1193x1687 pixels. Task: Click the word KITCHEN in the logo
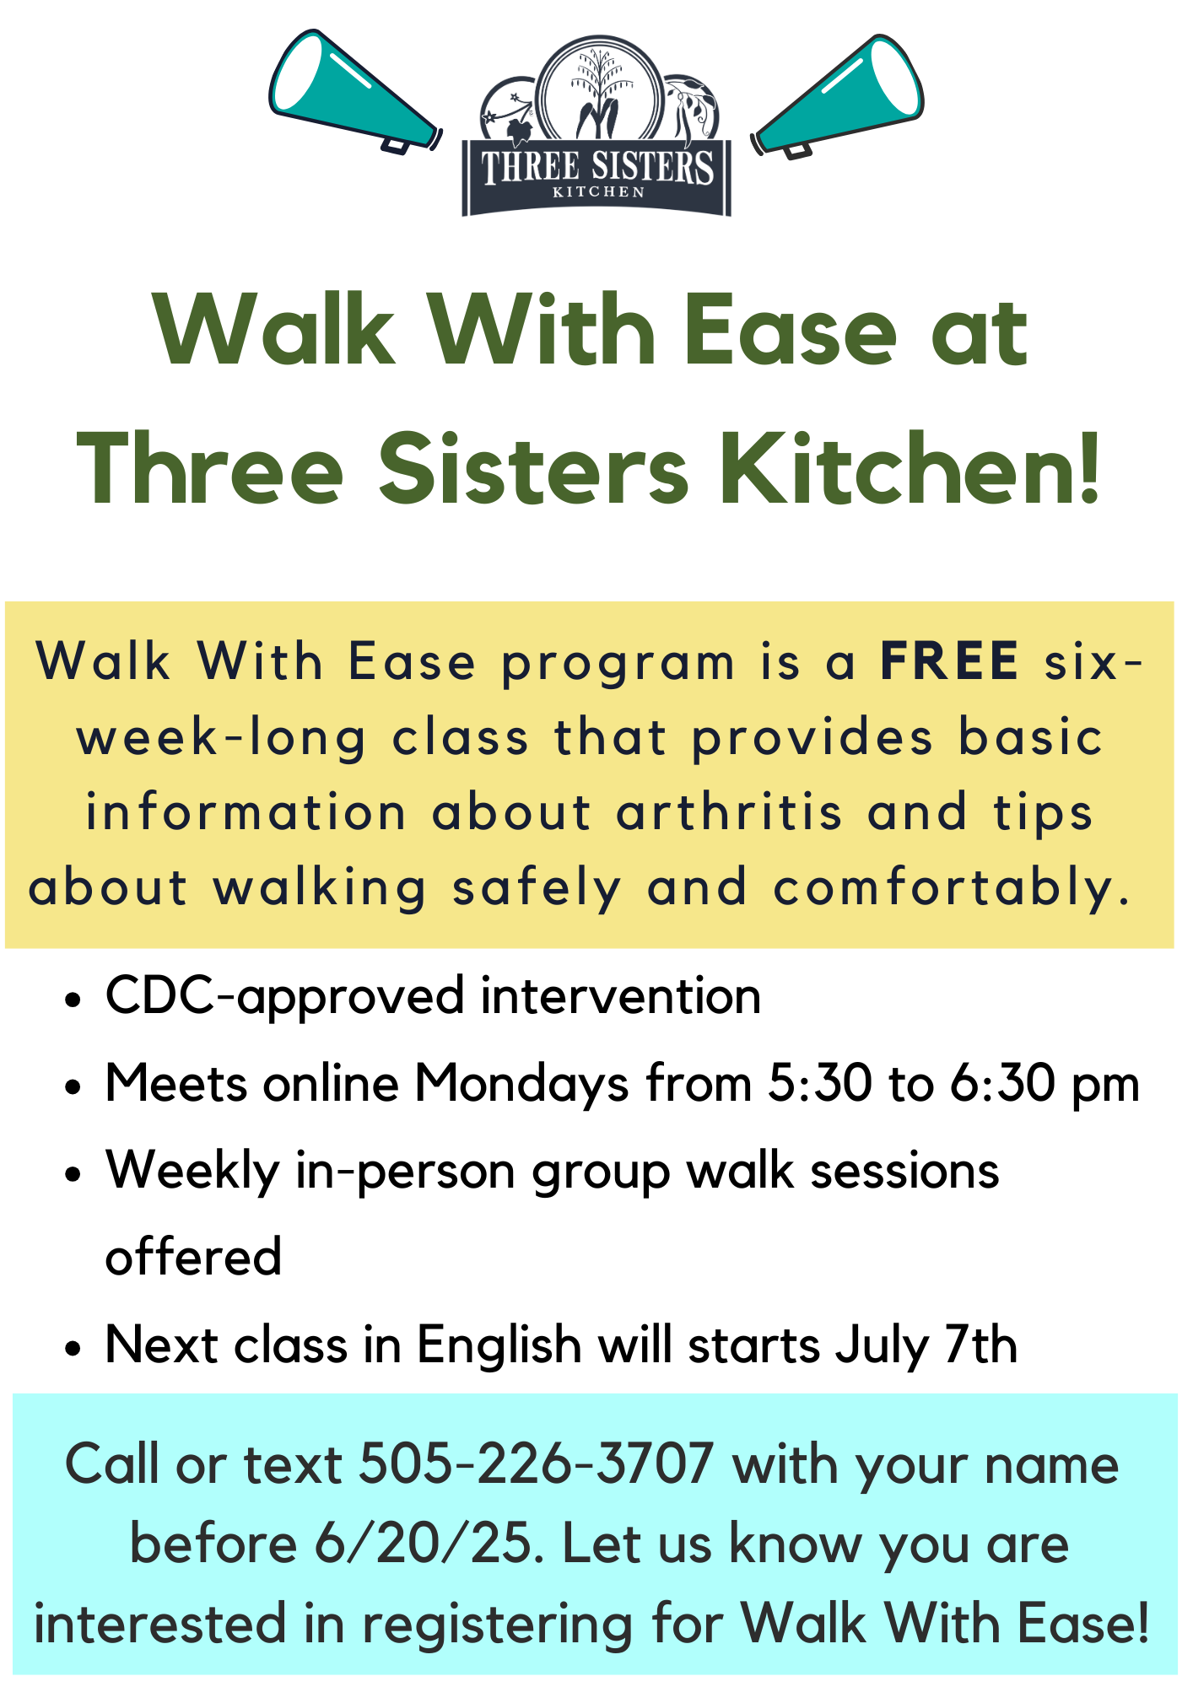click(x=598, y=192)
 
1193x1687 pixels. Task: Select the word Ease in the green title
click(x=791, y=331)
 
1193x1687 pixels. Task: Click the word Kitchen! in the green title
click(x=911, y=468)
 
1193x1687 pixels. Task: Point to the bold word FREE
click(x=950, y=660)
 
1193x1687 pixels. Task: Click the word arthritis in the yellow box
click(x=729, y=812)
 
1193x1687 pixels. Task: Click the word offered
click(x=193, y=1256)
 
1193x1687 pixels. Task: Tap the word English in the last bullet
click(x=499, y=1345)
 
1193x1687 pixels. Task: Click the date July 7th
click(x=926, y=1345)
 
